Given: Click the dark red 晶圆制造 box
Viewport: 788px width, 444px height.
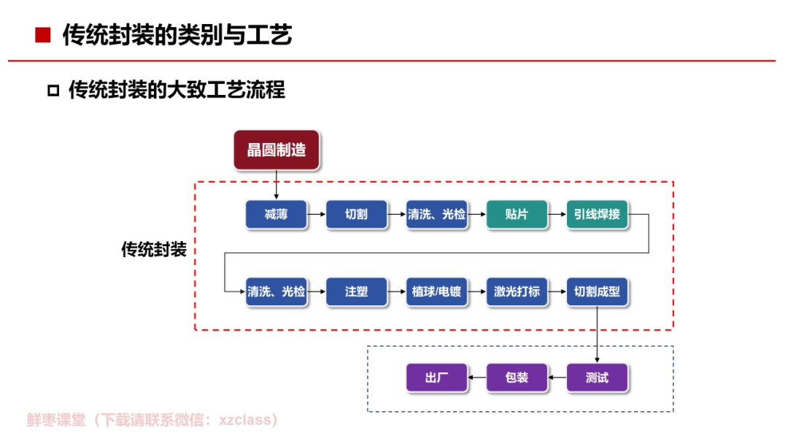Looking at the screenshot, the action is pyautogui.click(x=277, y=150).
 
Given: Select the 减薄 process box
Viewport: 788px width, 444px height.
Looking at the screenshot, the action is pyautogui.click(x=276, y=214).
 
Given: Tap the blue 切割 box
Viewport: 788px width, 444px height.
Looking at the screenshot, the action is pyautogui.click(x=356, y=214).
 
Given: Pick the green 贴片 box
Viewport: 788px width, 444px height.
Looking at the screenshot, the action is pyautogui.click(x=517, y=214).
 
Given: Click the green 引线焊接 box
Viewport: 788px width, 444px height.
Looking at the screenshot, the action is pyautogui.click(x=597, y=214).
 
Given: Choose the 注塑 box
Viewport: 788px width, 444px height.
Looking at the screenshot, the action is pyautogui.click(x=356, y=291).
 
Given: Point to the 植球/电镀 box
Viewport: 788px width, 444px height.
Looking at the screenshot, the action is pyautogui.click(x=437, y=291).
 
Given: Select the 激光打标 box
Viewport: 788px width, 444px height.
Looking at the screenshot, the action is pyautogui.click(x=517, y=291).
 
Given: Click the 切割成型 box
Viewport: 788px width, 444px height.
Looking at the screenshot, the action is pyautogui.click(x=597, y=291).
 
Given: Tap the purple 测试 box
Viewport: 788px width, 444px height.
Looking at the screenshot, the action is pyautogui.click(x=597, y=377).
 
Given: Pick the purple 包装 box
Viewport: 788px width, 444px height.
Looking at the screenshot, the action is pyautogui.click(x=517, y=377).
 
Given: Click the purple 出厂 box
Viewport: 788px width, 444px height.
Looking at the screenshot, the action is pyautogui.click(x=437, y=377).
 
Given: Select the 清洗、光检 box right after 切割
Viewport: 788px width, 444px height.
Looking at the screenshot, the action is pyautogui.click(x=437, y=214).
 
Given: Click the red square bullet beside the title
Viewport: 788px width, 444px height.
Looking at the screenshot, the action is pyautogui.click(x=43, y=35).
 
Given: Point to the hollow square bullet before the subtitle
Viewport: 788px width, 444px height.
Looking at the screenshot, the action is pyautogui.click(x=53, y=91).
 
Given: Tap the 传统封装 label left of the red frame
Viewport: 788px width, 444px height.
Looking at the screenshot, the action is pyautogui.click(x=154, y=250).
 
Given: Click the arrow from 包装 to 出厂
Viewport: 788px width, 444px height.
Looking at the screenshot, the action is pyautogui.click(x=477, y=377).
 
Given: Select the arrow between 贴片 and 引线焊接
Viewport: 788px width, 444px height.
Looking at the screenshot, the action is pyautogui.click(x=557, y=214).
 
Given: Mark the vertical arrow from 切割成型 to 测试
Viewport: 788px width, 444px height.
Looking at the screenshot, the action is pyautogui.click(x=597, y=334).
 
